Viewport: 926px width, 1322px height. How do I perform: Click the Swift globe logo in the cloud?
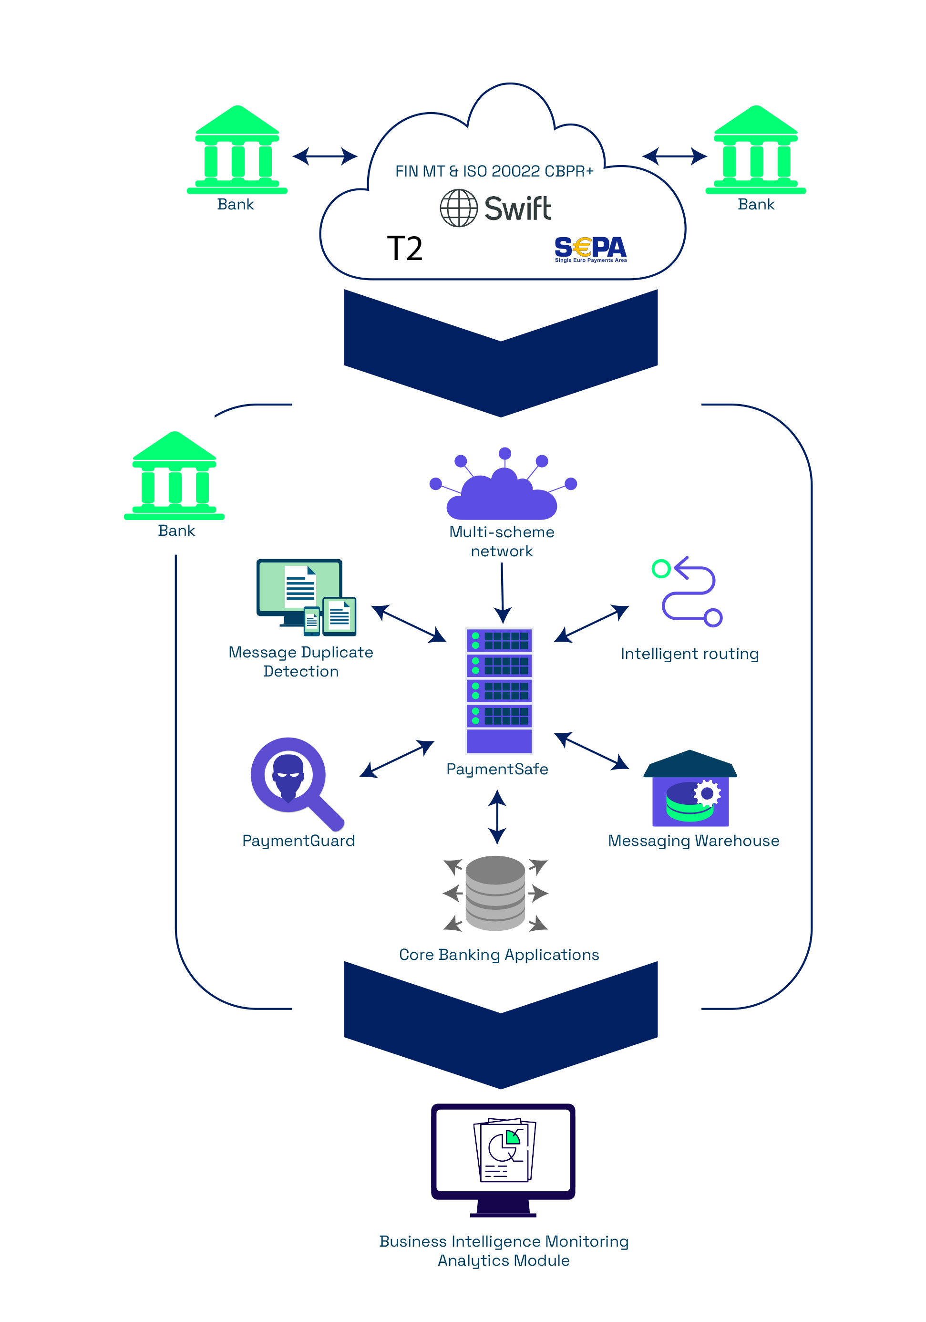tap(459, 208)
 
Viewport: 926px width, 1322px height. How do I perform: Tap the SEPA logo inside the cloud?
tap(590, 249)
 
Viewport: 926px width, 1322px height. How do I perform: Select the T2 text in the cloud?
tap(404, 249)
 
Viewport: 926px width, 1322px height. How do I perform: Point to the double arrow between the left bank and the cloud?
tap(325, 156)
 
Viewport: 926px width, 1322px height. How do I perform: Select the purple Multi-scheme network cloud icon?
tap(503, 489)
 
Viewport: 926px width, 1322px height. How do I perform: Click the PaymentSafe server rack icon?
tap(498, 690)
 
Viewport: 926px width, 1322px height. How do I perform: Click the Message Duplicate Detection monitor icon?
tap(306, 597)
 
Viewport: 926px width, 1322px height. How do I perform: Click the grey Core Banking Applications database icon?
tap(495, 893)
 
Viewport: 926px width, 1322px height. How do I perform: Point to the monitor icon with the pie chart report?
tap(503, 1158)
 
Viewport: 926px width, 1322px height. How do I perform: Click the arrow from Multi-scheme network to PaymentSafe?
tap(503, 593)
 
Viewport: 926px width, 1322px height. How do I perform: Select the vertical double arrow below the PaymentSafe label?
tap(497, 816)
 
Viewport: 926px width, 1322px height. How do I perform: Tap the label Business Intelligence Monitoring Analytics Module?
tap(504, 1250)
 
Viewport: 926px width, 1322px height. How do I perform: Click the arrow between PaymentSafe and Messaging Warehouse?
tap(591, 751)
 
